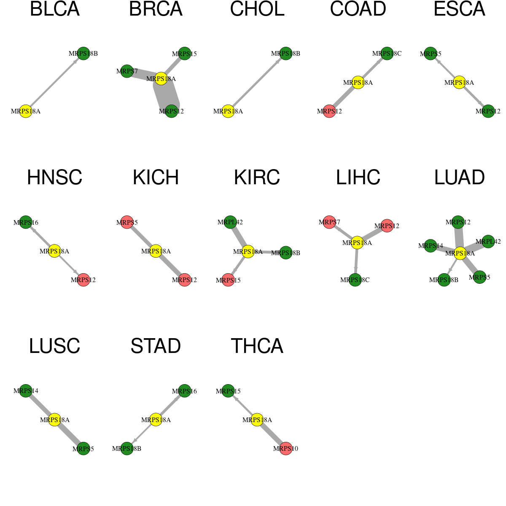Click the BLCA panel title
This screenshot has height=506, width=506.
55,9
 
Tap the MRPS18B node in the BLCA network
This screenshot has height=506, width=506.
83,54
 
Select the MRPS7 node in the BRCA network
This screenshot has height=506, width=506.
127,71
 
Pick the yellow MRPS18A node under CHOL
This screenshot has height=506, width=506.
228,111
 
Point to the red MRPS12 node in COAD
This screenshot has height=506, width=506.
329,111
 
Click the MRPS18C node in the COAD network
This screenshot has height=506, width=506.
387,54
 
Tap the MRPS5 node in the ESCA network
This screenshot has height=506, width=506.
431,54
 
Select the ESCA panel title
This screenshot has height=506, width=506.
459,9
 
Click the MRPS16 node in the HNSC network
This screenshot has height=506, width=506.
26,222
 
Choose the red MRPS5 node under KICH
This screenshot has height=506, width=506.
127,222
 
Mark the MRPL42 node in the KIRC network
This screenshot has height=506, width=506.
230,222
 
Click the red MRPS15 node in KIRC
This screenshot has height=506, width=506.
228,280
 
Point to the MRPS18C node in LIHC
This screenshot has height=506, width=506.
355,280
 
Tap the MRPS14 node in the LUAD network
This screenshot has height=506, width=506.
431,246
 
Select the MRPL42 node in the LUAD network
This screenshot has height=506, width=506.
488,242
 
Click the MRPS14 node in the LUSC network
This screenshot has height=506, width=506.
26,391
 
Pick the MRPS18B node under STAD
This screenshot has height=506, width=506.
127,449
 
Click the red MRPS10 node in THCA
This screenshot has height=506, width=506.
286,449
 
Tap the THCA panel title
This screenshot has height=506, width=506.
257,346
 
